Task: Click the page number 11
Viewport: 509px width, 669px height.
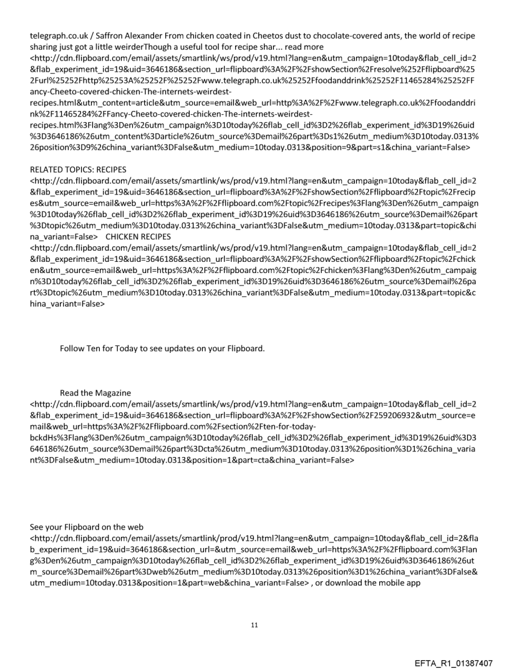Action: click(x=254, y=624)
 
